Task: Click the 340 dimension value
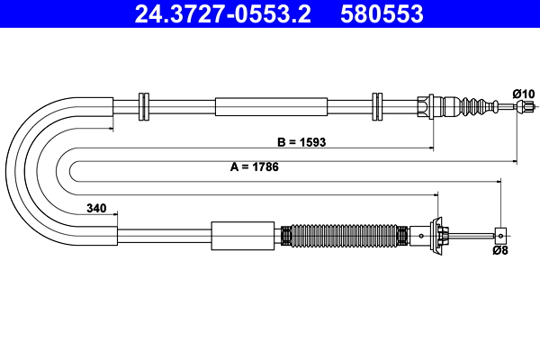[x=96, y=209]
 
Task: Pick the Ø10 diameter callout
[x=523, y=94]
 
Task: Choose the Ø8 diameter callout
[x=500, y=252]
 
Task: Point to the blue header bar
[x=270, y=14]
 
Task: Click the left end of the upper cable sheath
[x=113, y=106]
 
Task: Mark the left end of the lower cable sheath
[x=116, y=236]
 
